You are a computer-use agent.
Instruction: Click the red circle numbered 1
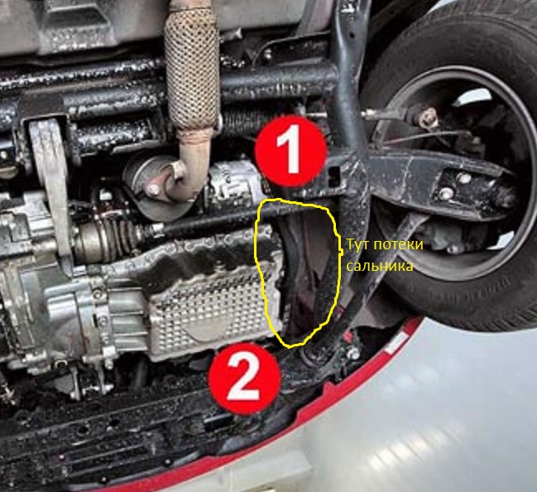290,152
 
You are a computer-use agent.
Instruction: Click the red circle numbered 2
245,379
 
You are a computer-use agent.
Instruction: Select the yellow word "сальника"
379,266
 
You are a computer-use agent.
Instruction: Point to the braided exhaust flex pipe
191,65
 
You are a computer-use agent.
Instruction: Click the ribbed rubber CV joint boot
113,237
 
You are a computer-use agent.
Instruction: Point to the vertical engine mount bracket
52,178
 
